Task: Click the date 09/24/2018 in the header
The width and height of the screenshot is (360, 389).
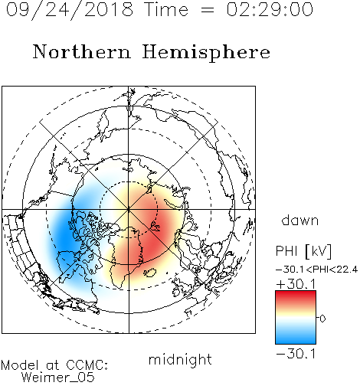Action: point(70,10)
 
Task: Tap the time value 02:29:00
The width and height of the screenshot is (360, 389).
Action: point(270,10)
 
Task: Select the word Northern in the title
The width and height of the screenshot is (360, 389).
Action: point(82,51)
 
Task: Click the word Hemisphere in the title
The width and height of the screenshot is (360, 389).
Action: point(206,52)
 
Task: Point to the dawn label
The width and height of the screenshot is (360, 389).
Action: point(300,221)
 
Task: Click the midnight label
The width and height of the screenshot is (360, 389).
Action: point(180,360)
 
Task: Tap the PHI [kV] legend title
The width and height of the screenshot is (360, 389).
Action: point(303,251)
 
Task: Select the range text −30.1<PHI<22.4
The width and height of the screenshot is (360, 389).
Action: point(316,270)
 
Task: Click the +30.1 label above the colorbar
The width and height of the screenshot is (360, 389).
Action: point(296,284)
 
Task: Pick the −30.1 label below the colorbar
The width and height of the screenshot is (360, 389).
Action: point(296,354)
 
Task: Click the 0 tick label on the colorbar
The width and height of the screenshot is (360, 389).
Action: point(322,319)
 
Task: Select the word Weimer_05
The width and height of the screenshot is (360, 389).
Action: point(57,378)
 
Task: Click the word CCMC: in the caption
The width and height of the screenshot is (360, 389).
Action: point(87,365)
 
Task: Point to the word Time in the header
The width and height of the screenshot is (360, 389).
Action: point(166,10)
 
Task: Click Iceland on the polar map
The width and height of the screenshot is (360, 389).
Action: point(150,273)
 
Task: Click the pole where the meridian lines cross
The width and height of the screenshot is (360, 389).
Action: point(129,209)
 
